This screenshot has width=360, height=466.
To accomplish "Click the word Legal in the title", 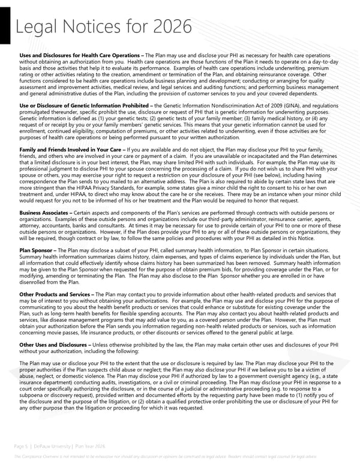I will pyautogui.click(x=37, y=27).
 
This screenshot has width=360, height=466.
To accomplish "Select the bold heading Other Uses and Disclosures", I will pyautogui.click(x=54, y=345).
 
